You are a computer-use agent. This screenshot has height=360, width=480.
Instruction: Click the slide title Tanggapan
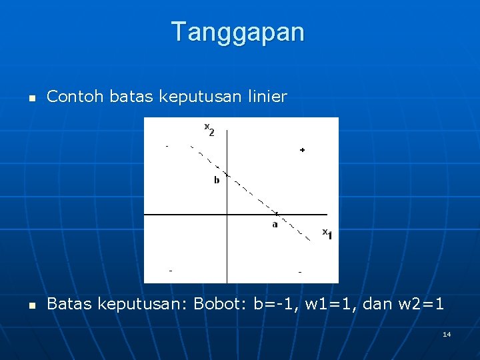click(238, 32)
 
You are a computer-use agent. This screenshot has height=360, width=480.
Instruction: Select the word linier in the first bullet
click(267, 97)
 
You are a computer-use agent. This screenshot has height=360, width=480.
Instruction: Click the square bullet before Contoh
click(31, 98)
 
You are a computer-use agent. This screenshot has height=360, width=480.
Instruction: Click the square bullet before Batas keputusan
click(31, 305)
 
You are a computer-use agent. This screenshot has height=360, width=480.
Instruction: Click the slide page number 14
click(447, 333)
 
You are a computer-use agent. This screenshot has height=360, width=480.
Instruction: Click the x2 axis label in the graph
click(209, 128)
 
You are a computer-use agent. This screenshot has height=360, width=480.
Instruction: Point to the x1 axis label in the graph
click(327, 233)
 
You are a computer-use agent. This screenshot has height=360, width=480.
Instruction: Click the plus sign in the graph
click(302, 150)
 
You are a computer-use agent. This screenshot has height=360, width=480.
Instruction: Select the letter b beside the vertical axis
click(216, 180)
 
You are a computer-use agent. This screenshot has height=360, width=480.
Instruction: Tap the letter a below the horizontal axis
click(275, 224)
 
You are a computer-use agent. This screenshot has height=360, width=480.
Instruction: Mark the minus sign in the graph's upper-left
click(167, 145)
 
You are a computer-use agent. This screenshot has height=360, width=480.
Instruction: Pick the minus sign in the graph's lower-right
click(300, 272)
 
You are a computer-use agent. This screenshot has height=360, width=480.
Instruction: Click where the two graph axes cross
click(227, 215)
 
